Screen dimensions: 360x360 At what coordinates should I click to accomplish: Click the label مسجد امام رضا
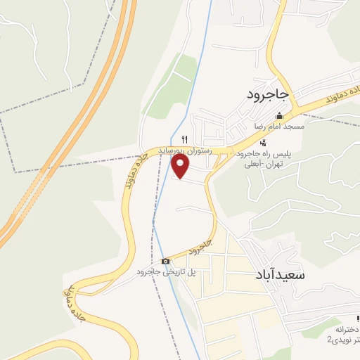coord(280,127)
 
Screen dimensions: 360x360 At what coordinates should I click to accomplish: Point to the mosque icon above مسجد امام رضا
coord(280,116)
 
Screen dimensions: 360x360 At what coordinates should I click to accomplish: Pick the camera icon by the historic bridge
coord(165,262)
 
